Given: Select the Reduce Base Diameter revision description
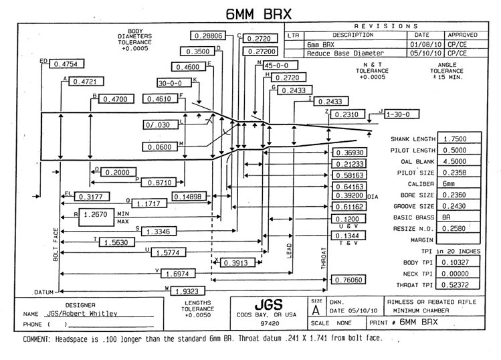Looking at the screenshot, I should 346,53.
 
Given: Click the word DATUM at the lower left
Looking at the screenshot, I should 43,292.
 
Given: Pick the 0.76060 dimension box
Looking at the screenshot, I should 349,280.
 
